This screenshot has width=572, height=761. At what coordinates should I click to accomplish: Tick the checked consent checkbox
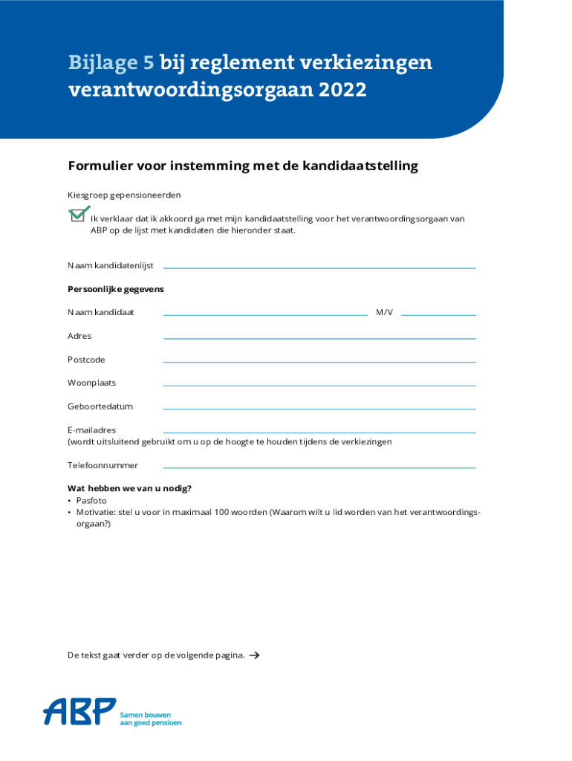[x=77, y=215]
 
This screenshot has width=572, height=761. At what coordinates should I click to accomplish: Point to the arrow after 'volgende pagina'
[x=254, y=655]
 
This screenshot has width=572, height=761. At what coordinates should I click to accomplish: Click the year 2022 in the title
[x=344, y=90]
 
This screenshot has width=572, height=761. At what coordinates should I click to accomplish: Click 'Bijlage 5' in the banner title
[x=111, y=62]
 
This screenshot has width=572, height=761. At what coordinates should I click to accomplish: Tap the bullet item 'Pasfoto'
[x=91, y=501]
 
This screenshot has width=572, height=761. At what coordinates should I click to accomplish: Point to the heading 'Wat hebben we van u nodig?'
[x=129, y=488]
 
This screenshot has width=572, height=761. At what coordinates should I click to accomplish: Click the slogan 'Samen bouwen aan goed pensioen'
[x=150, y=718]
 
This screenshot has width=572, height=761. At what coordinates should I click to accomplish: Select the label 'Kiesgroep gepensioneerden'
[x=124, y=195]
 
